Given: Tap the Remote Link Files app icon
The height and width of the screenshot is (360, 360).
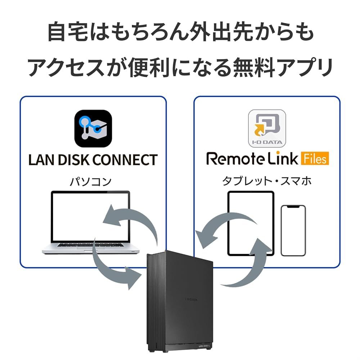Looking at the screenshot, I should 267,129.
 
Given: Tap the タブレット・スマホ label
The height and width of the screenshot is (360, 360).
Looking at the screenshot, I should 267,181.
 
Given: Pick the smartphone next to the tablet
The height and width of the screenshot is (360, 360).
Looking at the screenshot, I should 293,230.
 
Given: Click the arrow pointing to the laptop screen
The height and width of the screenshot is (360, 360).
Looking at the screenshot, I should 131,220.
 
